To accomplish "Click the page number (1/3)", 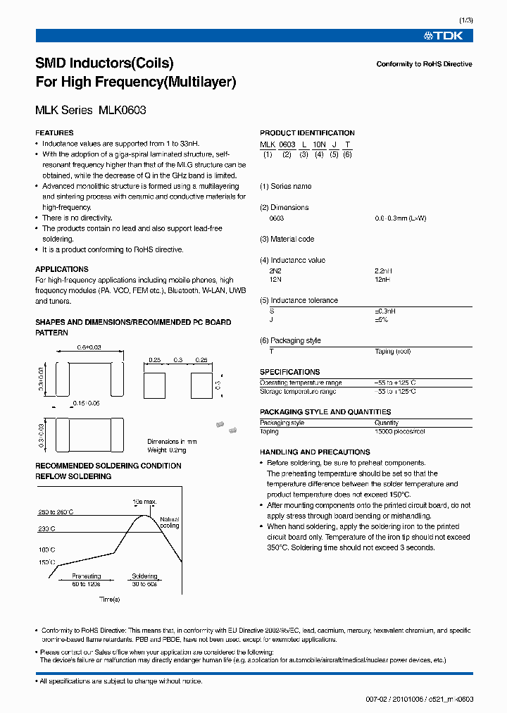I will coord(465,20).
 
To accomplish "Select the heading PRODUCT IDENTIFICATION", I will coord(307,132).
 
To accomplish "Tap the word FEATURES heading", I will coord(54,132).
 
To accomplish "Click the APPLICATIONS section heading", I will coord(62,269).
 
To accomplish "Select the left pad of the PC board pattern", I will coord(154,385).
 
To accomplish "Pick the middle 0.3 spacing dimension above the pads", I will coord(178,359).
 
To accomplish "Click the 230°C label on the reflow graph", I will coord(46,528).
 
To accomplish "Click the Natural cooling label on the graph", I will coord(170,521).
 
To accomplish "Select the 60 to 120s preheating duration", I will coord(87,584).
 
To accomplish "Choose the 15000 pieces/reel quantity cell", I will coord(399,431).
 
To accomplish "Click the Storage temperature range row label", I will coord(298,391).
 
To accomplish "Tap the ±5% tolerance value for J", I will coord(381,320).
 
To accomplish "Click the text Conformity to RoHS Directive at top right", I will coord(424,64).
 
